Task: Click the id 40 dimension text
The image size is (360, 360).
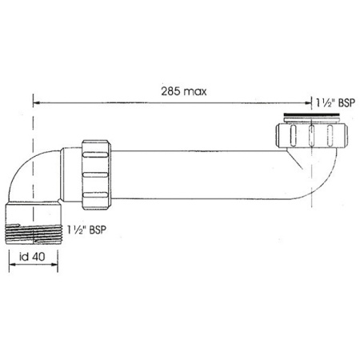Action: tap(34, 261)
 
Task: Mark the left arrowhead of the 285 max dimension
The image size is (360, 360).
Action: tap(36, 102)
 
